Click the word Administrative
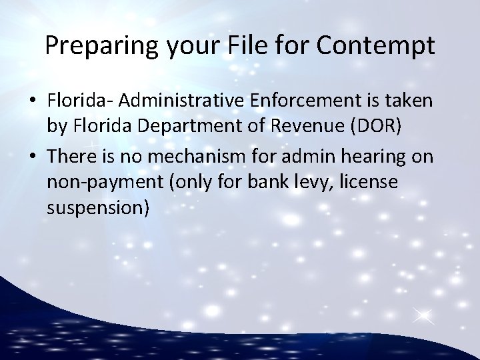coord(180,101)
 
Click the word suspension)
coord(97,207)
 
